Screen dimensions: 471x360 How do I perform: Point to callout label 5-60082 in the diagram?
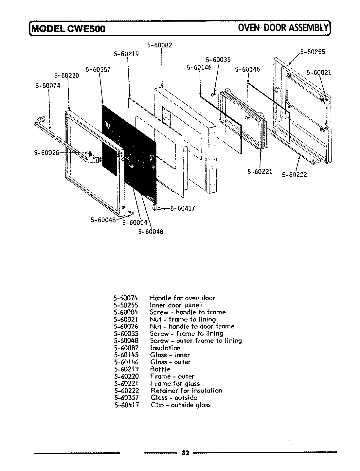[x=160, y=45]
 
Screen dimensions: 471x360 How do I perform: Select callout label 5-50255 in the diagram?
[x=313, y=52]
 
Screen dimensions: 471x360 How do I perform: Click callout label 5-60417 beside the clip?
[x=183, y=208]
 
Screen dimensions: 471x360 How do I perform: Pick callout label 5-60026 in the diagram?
[x=46, y=152]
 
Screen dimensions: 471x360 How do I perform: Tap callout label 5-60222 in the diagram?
[x=295, y=175]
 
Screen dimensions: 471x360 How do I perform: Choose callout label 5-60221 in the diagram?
[x=260, y=171]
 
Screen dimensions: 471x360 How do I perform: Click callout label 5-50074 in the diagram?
[x=47, y=86]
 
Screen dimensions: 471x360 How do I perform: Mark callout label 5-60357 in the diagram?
[x=98, y=69]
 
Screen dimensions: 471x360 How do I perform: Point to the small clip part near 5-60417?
[x=156, y=207]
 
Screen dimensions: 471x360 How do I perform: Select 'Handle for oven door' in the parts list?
[x=182, y=298]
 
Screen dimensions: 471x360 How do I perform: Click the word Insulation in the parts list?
[x=165, y=348]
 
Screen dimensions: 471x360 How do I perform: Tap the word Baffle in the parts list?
[x=160, y=369]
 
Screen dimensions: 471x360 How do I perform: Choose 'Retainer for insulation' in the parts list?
[x=186, y=391]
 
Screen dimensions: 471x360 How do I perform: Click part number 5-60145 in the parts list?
[x=126, y=355]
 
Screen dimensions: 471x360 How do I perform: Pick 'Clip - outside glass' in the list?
[x=181, y=405]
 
